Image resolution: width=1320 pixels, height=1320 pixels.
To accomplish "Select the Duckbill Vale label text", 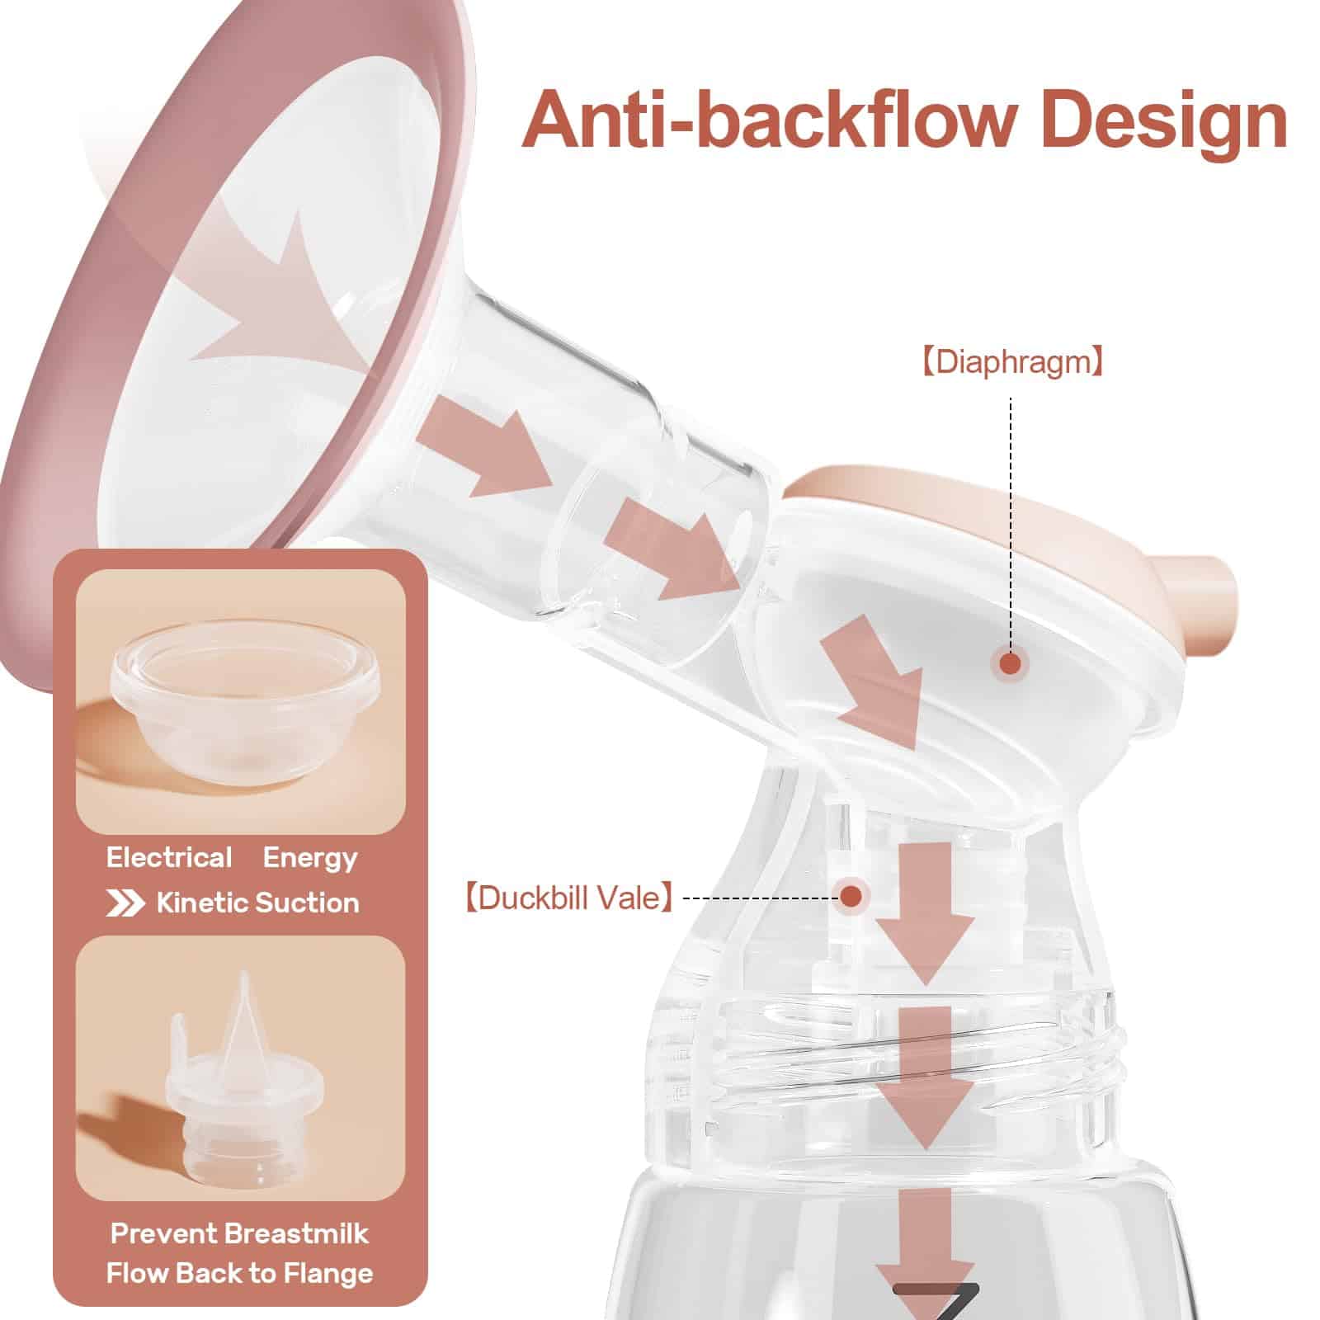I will coord(567,897).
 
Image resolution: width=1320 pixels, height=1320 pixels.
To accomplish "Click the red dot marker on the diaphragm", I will coord(1009,686).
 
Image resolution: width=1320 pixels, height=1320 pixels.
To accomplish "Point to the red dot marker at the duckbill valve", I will coord(851,894).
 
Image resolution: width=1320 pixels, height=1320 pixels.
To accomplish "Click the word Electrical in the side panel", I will coord(169,858).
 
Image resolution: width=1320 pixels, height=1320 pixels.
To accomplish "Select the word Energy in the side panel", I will coord(310,858).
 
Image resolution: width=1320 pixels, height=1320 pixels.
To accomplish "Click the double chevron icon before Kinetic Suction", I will coord(125,903).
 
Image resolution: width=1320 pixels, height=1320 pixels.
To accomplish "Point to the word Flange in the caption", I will coord(328,1273).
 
